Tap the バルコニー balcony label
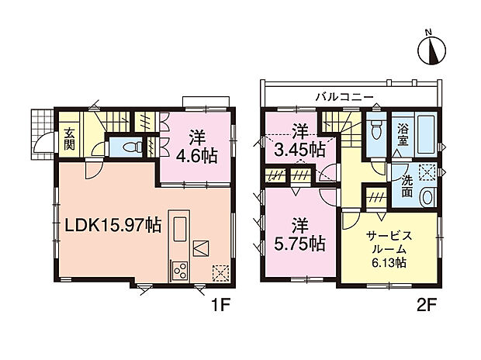point(345,97)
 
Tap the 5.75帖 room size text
point(299,243)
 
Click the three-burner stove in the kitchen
point(178,272)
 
